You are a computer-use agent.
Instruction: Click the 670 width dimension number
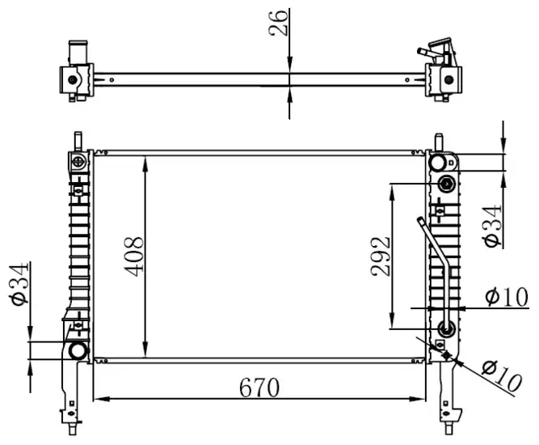pos(259,388)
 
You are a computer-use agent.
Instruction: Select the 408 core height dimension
pos(133,256)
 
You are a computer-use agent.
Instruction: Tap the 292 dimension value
pos(381,256)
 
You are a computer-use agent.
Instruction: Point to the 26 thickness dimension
pos(278,23)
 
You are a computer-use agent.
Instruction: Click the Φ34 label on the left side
pos(19,284)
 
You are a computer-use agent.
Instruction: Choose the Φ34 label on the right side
pos(493,226)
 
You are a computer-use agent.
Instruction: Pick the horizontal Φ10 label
pos(507,297)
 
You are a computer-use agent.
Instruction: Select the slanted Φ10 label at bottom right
pos(502,376)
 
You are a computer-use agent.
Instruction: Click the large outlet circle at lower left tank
pos(78,350)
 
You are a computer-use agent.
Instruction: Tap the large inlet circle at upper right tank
pos(438,163)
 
